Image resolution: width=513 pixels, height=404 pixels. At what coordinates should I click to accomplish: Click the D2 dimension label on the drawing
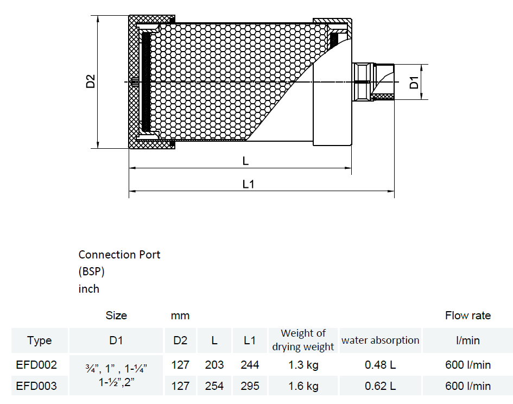pyautogui.click(x=90, y=81)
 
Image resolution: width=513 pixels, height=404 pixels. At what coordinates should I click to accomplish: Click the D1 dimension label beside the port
pyautogui.click(x=414, y=83)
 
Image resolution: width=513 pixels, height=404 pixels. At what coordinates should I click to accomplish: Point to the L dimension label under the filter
pyautogui.click(x=245, y=161)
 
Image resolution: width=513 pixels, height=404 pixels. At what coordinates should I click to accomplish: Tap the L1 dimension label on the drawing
pyautogui.click(x=248, y=184)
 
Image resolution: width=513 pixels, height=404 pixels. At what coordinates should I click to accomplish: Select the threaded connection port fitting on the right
pyautogui.click(x=373, y=82)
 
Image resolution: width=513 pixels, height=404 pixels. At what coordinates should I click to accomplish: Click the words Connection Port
pyautogui.click(x=119, y=255)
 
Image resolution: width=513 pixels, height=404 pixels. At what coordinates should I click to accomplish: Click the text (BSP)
pyautogui.click(x=91, y=272)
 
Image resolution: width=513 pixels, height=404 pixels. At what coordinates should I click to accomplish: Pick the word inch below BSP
pyautogui.click(x=88, y=289)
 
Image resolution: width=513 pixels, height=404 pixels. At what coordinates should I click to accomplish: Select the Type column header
pyautogui.click(x=40, y=340)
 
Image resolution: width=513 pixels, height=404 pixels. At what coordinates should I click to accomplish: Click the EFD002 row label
pyautogui.click(x=36, y=365)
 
